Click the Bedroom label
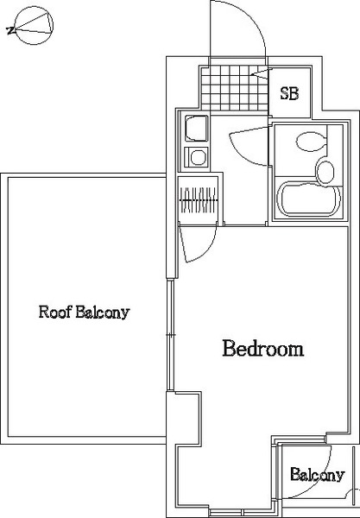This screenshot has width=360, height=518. coord(263,348)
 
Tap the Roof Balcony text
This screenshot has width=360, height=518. coord(85,312)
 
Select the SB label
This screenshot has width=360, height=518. coord(290,93)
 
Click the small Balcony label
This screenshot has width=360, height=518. coord(318,475)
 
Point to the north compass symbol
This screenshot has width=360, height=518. coord(33,25)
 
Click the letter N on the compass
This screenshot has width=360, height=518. coord(10,31)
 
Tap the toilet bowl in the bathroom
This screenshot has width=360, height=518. coord(311,142)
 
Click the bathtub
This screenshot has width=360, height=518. coord(309,199)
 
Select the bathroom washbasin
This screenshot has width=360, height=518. coord(325,172)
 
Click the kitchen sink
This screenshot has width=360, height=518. coord(196,128)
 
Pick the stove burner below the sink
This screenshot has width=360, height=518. coord(197,157)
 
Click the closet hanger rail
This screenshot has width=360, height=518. coord(198,200)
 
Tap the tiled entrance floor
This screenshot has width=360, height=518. coord(235,88)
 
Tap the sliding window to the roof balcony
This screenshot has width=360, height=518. coord(170,335)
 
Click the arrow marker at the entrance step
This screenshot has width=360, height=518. coord(262,73)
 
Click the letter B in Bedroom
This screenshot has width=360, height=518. coord(229,348)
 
